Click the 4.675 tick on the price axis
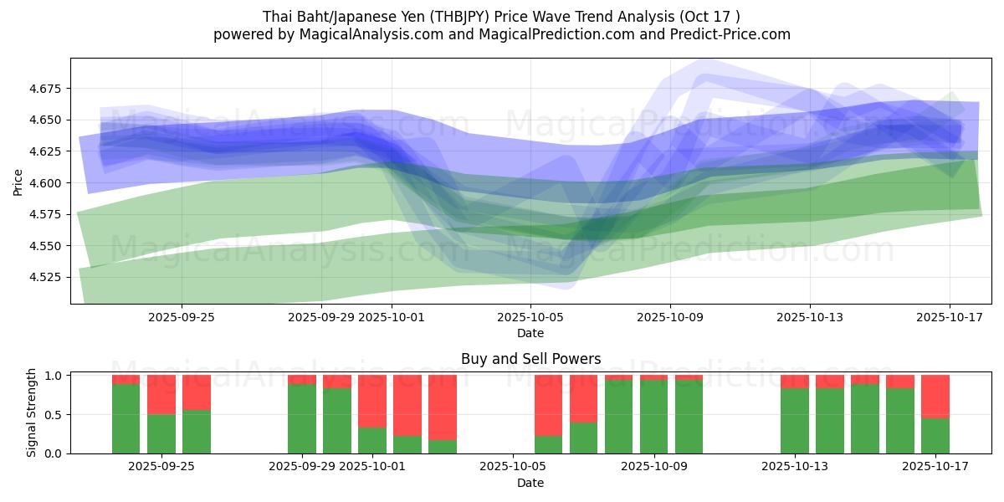[x=48, y=89]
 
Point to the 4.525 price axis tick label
[x=48, y=277]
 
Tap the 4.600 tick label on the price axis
[x=48, y=183]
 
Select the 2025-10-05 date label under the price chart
[x=530, y=317]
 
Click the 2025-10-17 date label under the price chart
[x=950, y=317]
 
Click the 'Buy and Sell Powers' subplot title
[x=530, y=359]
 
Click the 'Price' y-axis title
[x=18, y=182]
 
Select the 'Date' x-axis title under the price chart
[x=530, y=333]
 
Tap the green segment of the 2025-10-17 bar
[x=935, y=436]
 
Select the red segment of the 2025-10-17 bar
[x=935, y=396]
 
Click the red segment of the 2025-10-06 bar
[x=548, y=405]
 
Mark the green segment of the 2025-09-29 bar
[x=302, y=419]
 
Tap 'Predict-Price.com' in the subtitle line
[x=734, y=34]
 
